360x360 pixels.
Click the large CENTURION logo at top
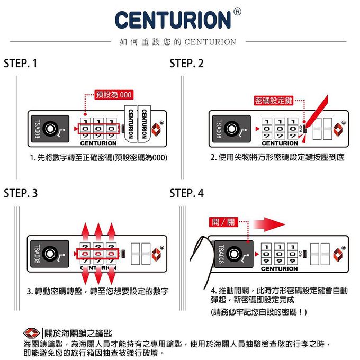click(173, 20)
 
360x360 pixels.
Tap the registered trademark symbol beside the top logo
click(238, 11)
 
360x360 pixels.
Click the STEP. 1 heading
click(21, 64)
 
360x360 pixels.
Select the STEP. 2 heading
click(186, 64)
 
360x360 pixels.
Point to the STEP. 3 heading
click(21, 194)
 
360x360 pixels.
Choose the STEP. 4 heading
click(186, 194)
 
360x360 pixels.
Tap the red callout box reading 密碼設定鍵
click(274, 101)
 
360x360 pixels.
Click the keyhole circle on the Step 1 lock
click(51, 128)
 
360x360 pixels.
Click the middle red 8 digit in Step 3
click(98, 255)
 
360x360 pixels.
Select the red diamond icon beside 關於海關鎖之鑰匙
click(32, 334)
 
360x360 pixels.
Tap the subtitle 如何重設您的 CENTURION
click(177, 42)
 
